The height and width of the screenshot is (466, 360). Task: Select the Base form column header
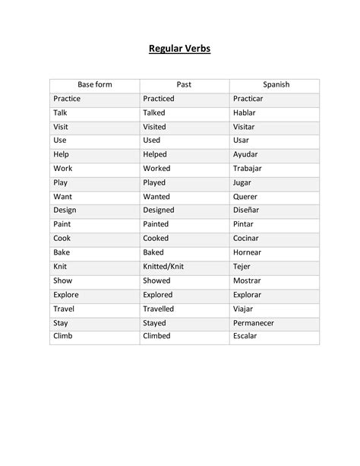pos(94,84)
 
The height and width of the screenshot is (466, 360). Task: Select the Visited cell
pos(154,127)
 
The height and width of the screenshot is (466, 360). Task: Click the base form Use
pos(60,141)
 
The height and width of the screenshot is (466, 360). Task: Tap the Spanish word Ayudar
pos(247,154)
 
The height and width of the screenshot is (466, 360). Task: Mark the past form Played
pos(154,182)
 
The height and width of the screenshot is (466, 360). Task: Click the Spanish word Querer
pos(247,196)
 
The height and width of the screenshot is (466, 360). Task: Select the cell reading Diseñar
pos(248,211)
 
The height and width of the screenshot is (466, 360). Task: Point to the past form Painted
pos(156,224)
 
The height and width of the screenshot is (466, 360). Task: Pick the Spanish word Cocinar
pos(248,238)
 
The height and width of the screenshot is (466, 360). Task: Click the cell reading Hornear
pos(248,252)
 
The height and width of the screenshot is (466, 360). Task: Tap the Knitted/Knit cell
pos(163,267)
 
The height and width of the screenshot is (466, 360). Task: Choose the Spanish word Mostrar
pos(248,281)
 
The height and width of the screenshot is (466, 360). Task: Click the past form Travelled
pos(159,309)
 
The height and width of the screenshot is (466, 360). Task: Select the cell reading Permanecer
pos(254,322)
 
